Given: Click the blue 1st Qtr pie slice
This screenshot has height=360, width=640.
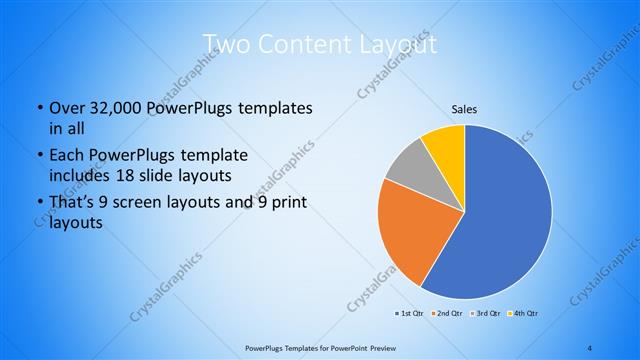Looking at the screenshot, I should point(505,215).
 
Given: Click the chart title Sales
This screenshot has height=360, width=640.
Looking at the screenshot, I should point(465,109).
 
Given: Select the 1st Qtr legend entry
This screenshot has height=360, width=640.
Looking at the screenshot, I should point(408,314).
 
